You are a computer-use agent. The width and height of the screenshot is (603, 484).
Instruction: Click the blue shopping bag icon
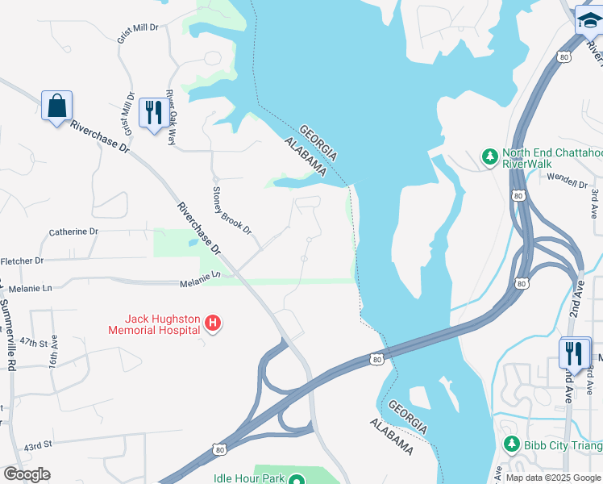click(56, 106)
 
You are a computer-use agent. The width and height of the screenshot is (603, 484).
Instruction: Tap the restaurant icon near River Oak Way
click(152, 113)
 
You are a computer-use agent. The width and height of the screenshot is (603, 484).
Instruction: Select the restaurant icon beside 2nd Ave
click(573, 353)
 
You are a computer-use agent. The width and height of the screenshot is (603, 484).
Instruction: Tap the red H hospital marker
click(213, 324)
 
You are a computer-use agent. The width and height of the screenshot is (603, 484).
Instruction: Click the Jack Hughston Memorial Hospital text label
click(155, 324)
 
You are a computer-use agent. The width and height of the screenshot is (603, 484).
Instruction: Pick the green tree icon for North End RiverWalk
click(489, 156)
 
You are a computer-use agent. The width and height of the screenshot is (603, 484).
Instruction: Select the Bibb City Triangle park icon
click(510, 444)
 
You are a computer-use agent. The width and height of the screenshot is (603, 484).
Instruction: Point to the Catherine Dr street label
click(73, 232)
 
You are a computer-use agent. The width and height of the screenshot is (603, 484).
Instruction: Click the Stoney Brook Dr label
click(231, 210)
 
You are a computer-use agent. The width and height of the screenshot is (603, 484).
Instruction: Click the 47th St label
click(35, 343)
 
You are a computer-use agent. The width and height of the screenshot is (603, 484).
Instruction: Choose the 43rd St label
click(37, 445)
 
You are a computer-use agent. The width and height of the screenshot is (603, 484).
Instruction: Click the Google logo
click(27, 474)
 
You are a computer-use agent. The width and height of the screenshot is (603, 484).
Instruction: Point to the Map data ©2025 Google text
click(553, 478)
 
